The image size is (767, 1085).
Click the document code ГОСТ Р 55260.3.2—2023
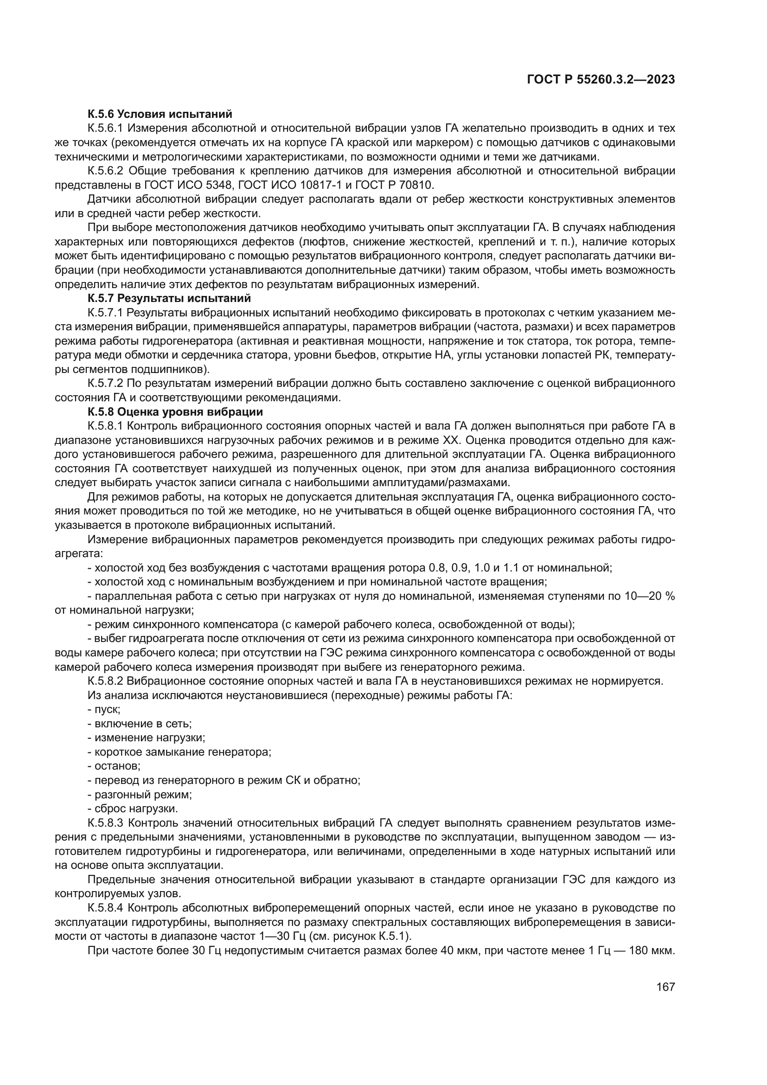click(x=600, y=80)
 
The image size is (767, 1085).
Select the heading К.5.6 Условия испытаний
click(x=160, y=114)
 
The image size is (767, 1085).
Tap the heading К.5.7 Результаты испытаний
click(x=169, y=298)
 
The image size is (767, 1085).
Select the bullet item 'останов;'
click(x=114, y=766)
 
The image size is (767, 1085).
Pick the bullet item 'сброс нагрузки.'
click(x=126, y=809)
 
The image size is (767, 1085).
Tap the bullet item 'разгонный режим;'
click(x=140, y=794)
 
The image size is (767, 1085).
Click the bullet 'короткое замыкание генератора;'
click(x=179, y=752)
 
